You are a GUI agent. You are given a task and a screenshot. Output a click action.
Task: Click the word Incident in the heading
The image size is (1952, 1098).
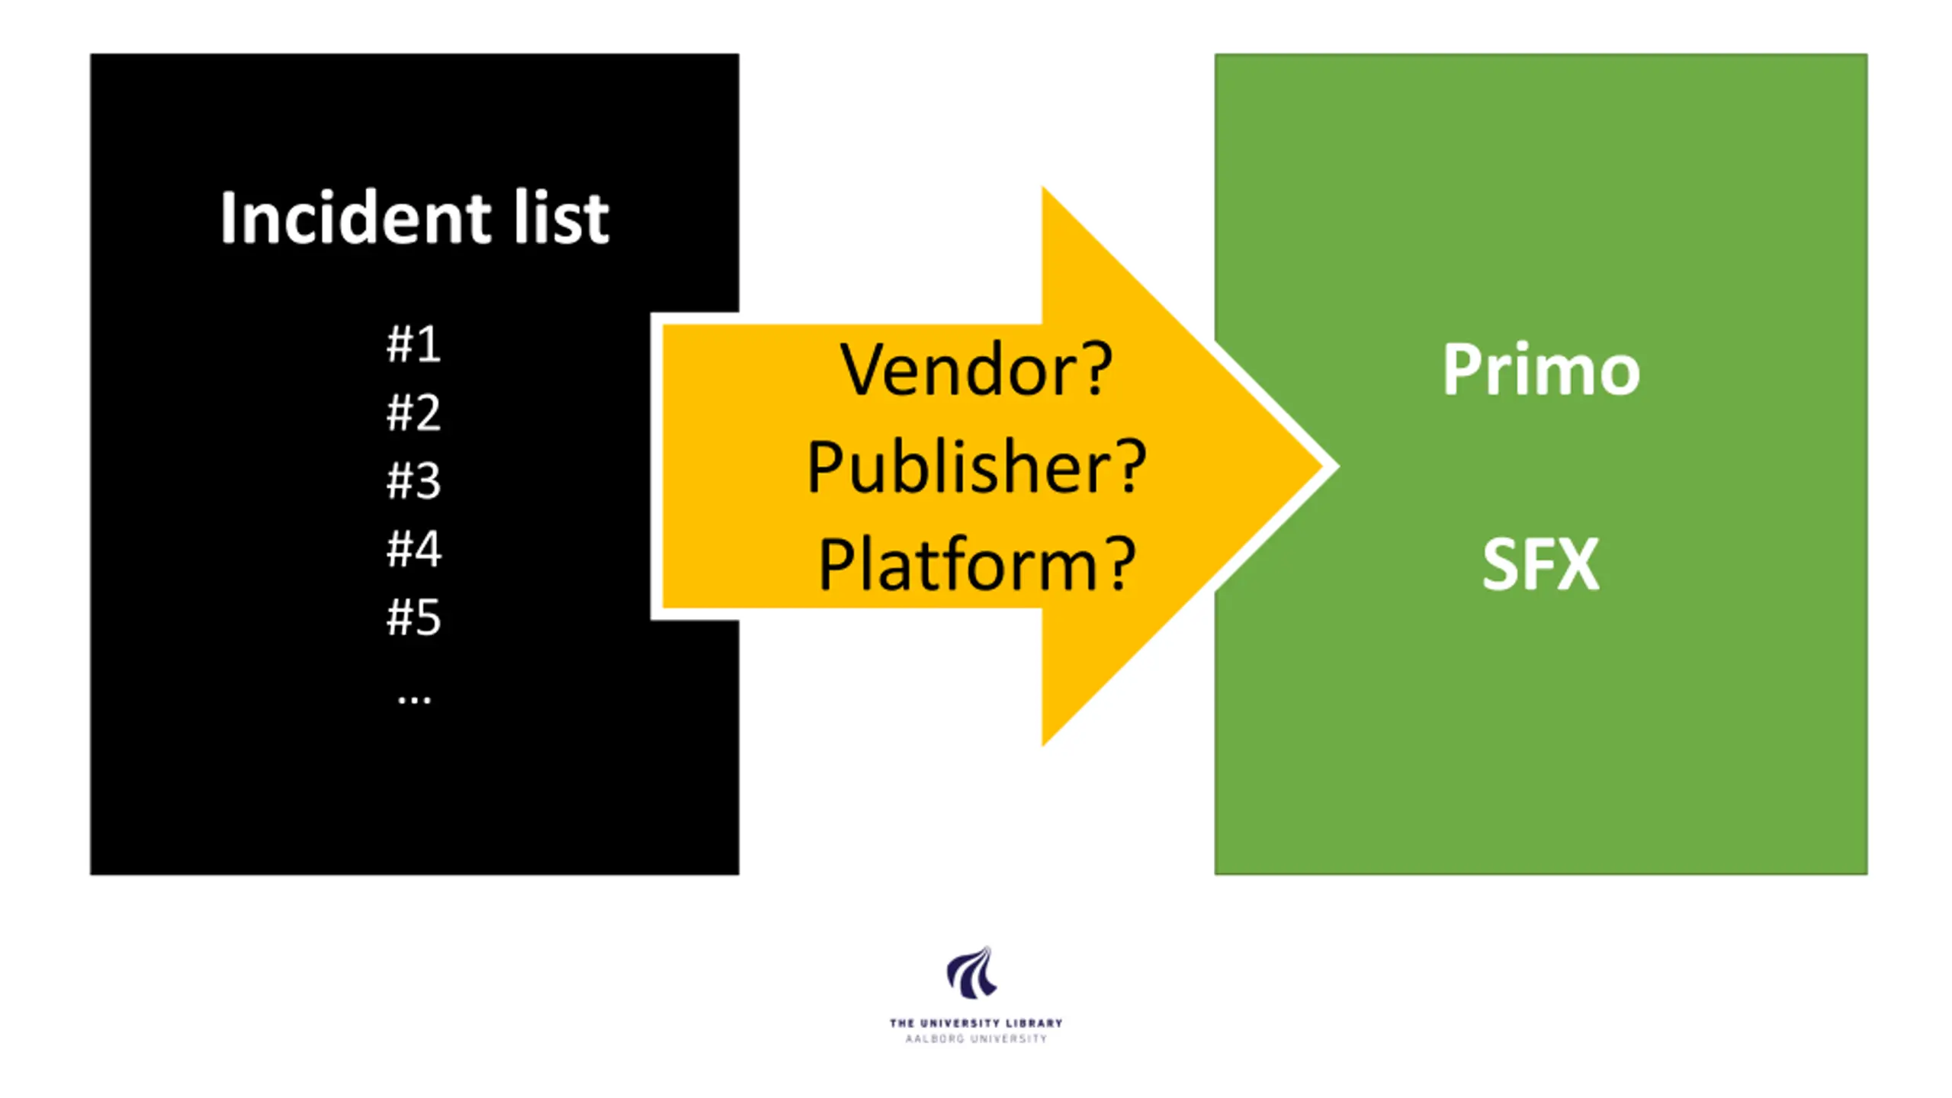click(x=355, y=218)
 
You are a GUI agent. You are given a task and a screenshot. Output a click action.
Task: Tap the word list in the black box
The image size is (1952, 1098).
click(x=561, y=218)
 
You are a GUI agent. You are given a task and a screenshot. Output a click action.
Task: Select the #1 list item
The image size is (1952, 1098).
click(x=414, y=344)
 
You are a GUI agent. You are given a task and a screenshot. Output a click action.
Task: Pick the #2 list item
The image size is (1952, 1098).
click(x=414, y=413)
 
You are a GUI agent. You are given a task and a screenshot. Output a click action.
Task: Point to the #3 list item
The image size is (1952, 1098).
click(x=414, y=480)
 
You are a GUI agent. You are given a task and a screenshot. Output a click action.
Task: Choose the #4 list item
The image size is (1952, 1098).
click(x=414, y=548)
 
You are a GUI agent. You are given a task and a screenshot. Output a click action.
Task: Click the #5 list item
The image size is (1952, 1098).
click(x=414, y=617)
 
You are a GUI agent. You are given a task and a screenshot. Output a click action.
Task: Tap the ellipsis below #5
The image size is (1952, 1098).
click(x=414, y=698)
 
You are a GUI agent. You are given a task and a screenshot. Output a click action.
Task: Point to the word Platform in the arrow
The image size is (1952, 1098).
click(x=956, y=564)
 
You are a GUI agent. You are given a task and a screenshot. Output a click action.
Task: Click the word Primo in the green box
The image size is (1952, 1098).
click(x=1540, y=371)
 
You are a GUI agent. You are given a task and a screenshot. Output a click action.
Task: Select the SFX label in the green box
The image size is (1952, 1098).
click(x=1540, y=564)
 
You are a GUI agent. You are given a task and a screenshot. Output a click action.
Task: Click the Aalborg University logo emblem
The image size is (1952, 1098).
click(x=972, y=973)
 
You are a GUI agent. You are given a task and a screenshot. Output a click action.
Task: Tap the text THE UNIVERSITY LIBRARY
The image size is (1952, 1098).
click(x=975, y=1023)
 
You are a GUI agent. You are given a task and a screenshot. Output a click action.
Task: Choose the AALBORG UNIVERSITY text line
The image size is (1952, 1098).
click(x=975, y=1039)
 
